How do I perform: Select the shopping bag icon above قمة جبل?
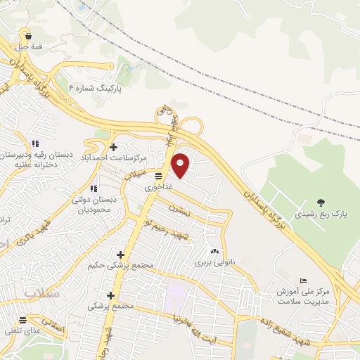pos(27,35)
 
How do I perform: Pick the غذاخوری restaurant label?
pos(158,188)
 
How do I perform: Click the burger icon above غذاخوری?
pos(159,176)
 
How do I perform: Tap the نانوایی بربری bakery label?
pos(214,263)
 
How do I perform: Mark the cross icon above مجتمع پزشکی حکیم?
pos(120,254)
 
